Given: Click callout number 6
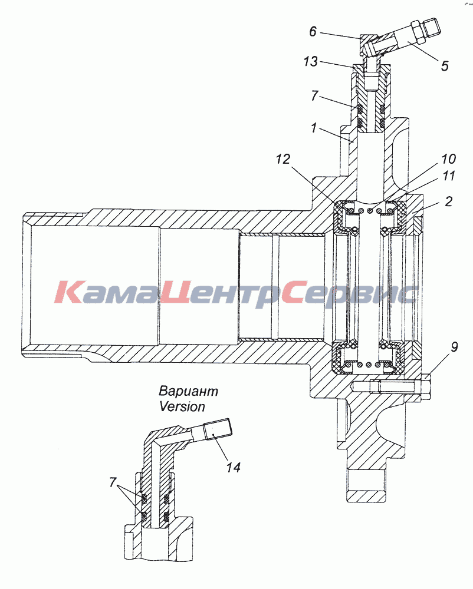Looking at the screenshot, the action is click(313, 32).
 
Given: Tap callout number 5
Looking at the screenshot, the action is click(445, 66).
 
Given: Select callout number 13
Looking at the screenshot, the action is click(311, 61).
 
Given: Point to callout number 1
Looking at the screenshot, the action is click(314, 128).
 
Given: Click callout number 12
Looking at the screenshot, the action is click(283, 159).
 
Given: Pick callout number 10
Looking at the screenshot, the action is click(448, 159).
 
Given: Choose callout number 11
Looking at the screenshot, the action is click(448, 176).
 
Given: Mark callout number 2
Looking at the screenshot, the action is click(448, 201).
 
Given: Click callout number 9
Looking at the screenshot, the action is click(454, 347).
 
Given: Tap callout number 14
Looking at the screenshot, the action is click(233, 467).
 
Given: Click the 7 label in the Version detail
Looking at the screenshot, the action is click(113, 482).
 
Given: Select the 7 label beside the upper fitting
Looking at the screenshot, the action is click(314, 96).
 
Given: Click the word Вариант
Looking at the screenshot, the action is click(188, 391).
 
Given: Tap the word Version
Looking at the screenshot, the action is click(182, 406).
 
